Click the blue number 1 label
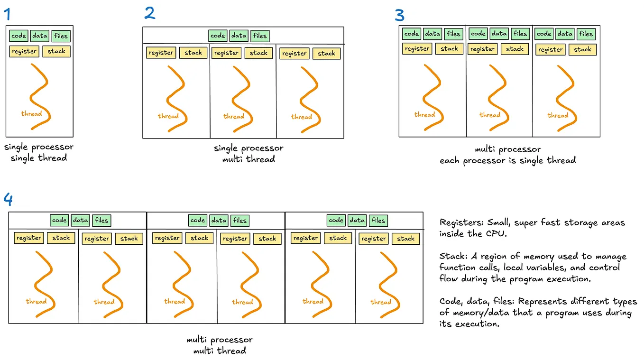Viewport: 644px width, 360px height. [x=7, y=14]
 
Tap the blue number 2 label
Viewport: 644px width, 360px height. [x=150, y=13]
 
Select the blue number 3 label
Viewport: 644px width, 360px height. [x=400, y=15]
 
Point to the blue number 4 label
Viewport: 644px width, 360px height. [x=8, y=199]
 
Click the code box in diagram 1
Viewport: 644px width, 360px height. [x=18, y=36]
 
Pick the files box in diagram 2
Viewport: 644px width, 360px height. [x=260, y=36]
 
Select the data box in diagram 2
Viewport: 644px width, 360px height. [x=239, y=36]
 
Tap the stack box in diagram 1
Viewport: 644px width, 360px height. [x=56, y=51]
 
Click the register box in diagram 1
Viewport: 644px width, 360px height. [x=24, y=51]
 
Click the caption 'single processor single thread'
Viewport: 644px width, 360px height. [x=39, y=152]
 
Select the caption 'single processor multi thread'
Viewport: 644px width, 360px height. [x=248, y=154]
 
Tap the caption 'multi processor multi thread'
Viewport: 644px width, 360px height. [x=220, y=345]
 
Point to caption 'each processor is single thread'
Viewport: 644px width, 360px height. [x=507, y=160]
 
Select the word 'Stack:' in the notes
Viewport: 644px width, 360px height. [x=452, y=257]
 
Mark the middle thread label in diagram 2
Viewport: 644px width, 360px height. [x=234, y=116]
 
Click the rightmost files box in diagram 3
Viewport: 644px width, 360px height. [x=586, y=34]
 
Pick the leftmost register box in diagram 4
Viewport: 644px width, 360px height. [x=29, y=238]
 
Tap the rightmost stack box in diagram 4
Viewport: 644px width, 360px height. [x=406, y=239]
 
